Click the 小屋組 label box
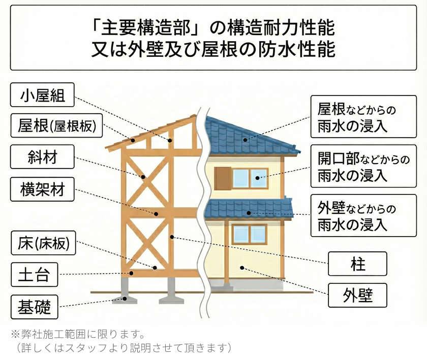tap(43, 95)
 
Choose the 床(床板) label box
tap(43, 243)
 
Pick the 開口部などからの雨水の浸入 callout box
tap(363, 167)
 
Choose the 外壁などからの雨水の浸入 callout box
tap(363, 216)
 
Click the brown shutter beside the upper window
tap(223, 178)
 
